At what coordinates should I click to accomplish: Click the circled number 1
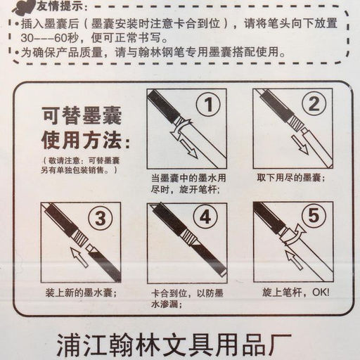click(208, 105)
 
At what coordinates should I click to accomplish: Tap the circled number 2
click(314, 104)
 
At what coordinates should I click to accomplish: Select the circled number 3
click(101, 219)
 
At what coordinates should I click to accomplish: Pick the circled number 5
click(314, 215)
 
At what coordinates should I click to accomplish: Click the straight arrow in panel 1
click(189, 148)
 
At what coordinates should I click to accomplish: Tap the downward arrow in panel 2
click(300, 145)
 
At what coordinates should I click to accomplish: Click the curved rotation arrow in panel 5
click(294, 236)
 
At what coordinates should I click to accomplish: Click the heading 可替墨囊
click(82, 115)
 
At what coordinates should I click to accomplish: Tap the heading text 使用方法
click(86, 141)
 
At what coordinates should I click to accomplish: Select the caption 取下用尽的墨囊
click(290, 178)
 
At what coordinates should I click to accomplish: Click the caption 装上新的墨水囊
click(81, 293)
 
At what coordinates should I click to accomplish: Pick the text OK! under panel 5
click(321, 292)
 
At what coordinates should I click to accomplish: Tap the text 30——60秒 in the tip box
click(49, 38)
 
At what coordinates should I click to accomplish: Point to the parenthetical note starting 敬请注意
click(80, 165)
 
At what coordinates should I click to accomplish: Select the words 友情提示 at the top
click(60, 6)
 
